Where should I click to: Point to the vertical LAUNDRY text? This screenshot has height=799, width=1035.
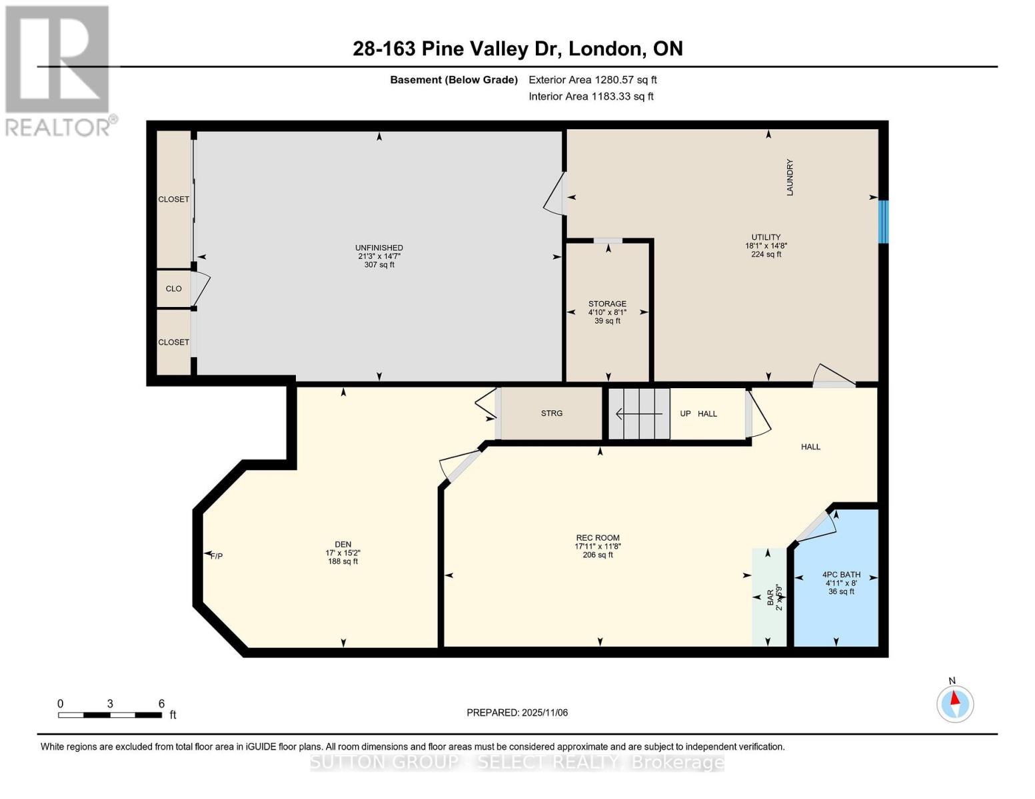coord(790,177)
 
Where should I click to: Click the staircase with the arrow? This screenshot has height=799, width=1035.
coord(638,414)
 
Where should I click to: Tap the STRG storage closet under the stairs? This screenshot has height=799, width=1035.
coord(551,413)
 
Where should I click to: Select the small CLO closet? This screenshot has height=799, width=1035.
coord(173,289)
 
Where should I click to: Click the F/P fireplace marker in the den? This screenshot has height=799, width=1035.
coord(215,556)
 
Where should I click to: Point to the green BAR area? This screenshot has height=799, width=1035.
coord(769,597)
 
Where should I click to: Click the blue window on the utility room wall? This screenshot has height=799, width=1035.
coord(883,222)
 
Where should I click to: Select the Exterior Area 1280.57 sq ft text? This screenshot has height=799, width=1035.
coord(592,80)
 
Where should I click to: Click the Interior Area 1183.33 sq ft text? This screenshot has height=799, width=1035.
coord(590,97)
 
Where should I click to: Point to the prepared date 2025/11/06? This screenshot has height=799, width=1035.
coord(517,712)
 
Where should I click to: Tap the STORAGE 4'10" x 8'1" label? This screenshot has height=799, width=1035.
coord(607,312)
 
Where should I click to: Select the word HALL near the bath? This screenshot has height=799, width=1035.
coord(810,447)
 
